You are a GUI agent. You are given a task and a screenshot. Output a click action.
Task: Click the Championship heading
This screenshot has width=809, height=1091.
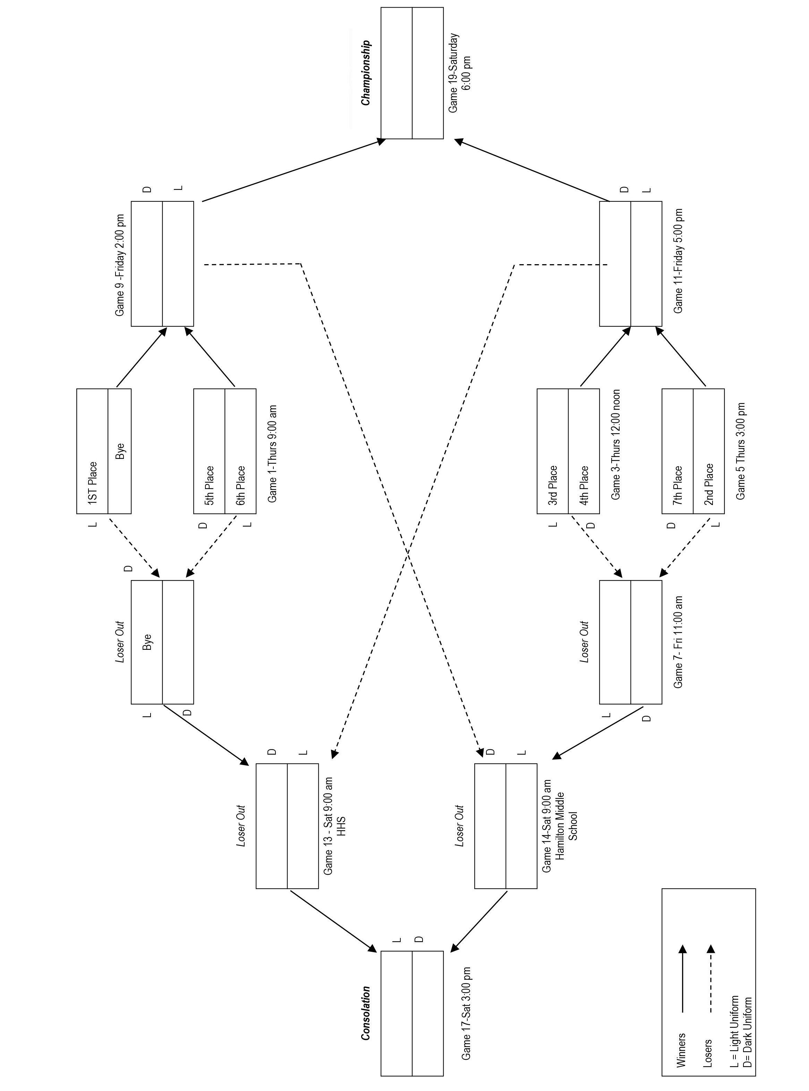366,73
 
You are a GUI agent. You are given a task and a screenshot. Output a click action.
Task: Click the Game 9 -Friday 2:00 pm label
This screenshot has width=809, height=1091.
120,265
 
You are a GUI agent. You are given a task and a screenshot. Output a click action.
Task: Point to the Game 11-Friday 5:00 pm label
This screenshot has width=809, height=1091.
678,261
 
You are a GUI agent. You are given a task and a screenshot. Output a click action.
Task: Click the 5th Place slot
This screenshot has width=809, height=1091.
209,485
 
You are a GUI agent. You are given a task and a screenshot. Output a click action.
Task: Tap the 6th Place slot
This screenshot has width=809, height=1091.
240,485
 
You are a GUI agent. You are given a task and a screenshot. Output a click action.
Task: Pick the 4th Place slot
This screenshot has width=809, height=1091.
584,485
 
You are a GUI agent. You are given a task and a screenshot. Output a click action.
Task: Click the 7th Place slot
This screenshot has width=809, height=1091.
678,485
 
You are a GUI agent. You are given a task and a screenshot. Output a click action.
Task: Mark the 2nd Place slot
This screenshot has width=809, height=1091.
709,484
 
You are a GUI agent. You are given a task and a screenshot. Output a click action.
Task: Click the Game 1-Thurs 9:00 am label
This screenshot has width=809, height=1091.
272,453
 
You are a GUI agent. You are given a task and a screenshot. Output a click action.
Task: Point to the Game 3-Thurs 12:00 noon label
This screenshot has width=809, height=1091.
615,444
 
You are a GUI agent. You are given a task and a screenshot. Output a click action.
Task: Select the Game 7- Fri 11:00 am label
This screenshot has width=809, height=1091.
678,642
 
